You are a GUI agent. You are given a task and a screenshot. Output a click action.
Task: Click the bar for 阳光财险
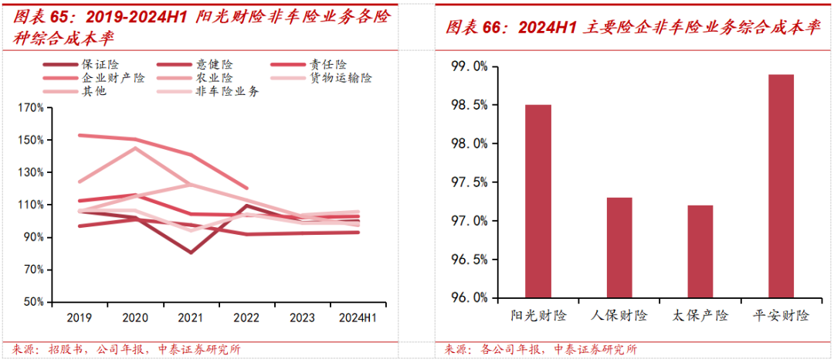538,201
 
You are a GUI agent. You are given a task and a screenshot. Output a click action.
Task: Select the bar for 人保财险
619,247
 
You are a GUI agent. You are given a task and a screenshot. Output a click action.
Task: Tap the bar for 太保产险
700,251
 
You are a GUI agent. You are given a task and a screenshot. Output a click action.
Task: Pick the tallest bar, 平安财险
781,185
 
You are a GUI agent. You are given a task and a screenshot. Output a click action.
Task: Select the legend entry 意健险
214,64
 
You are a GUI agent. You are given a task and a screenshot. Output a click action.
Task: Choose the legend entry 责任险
329,64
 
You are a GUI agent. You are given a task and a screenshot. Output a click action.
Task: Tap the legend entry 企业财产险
113,77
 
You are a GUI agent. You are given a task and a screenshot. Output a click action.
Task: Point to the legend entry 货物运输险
341,77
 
